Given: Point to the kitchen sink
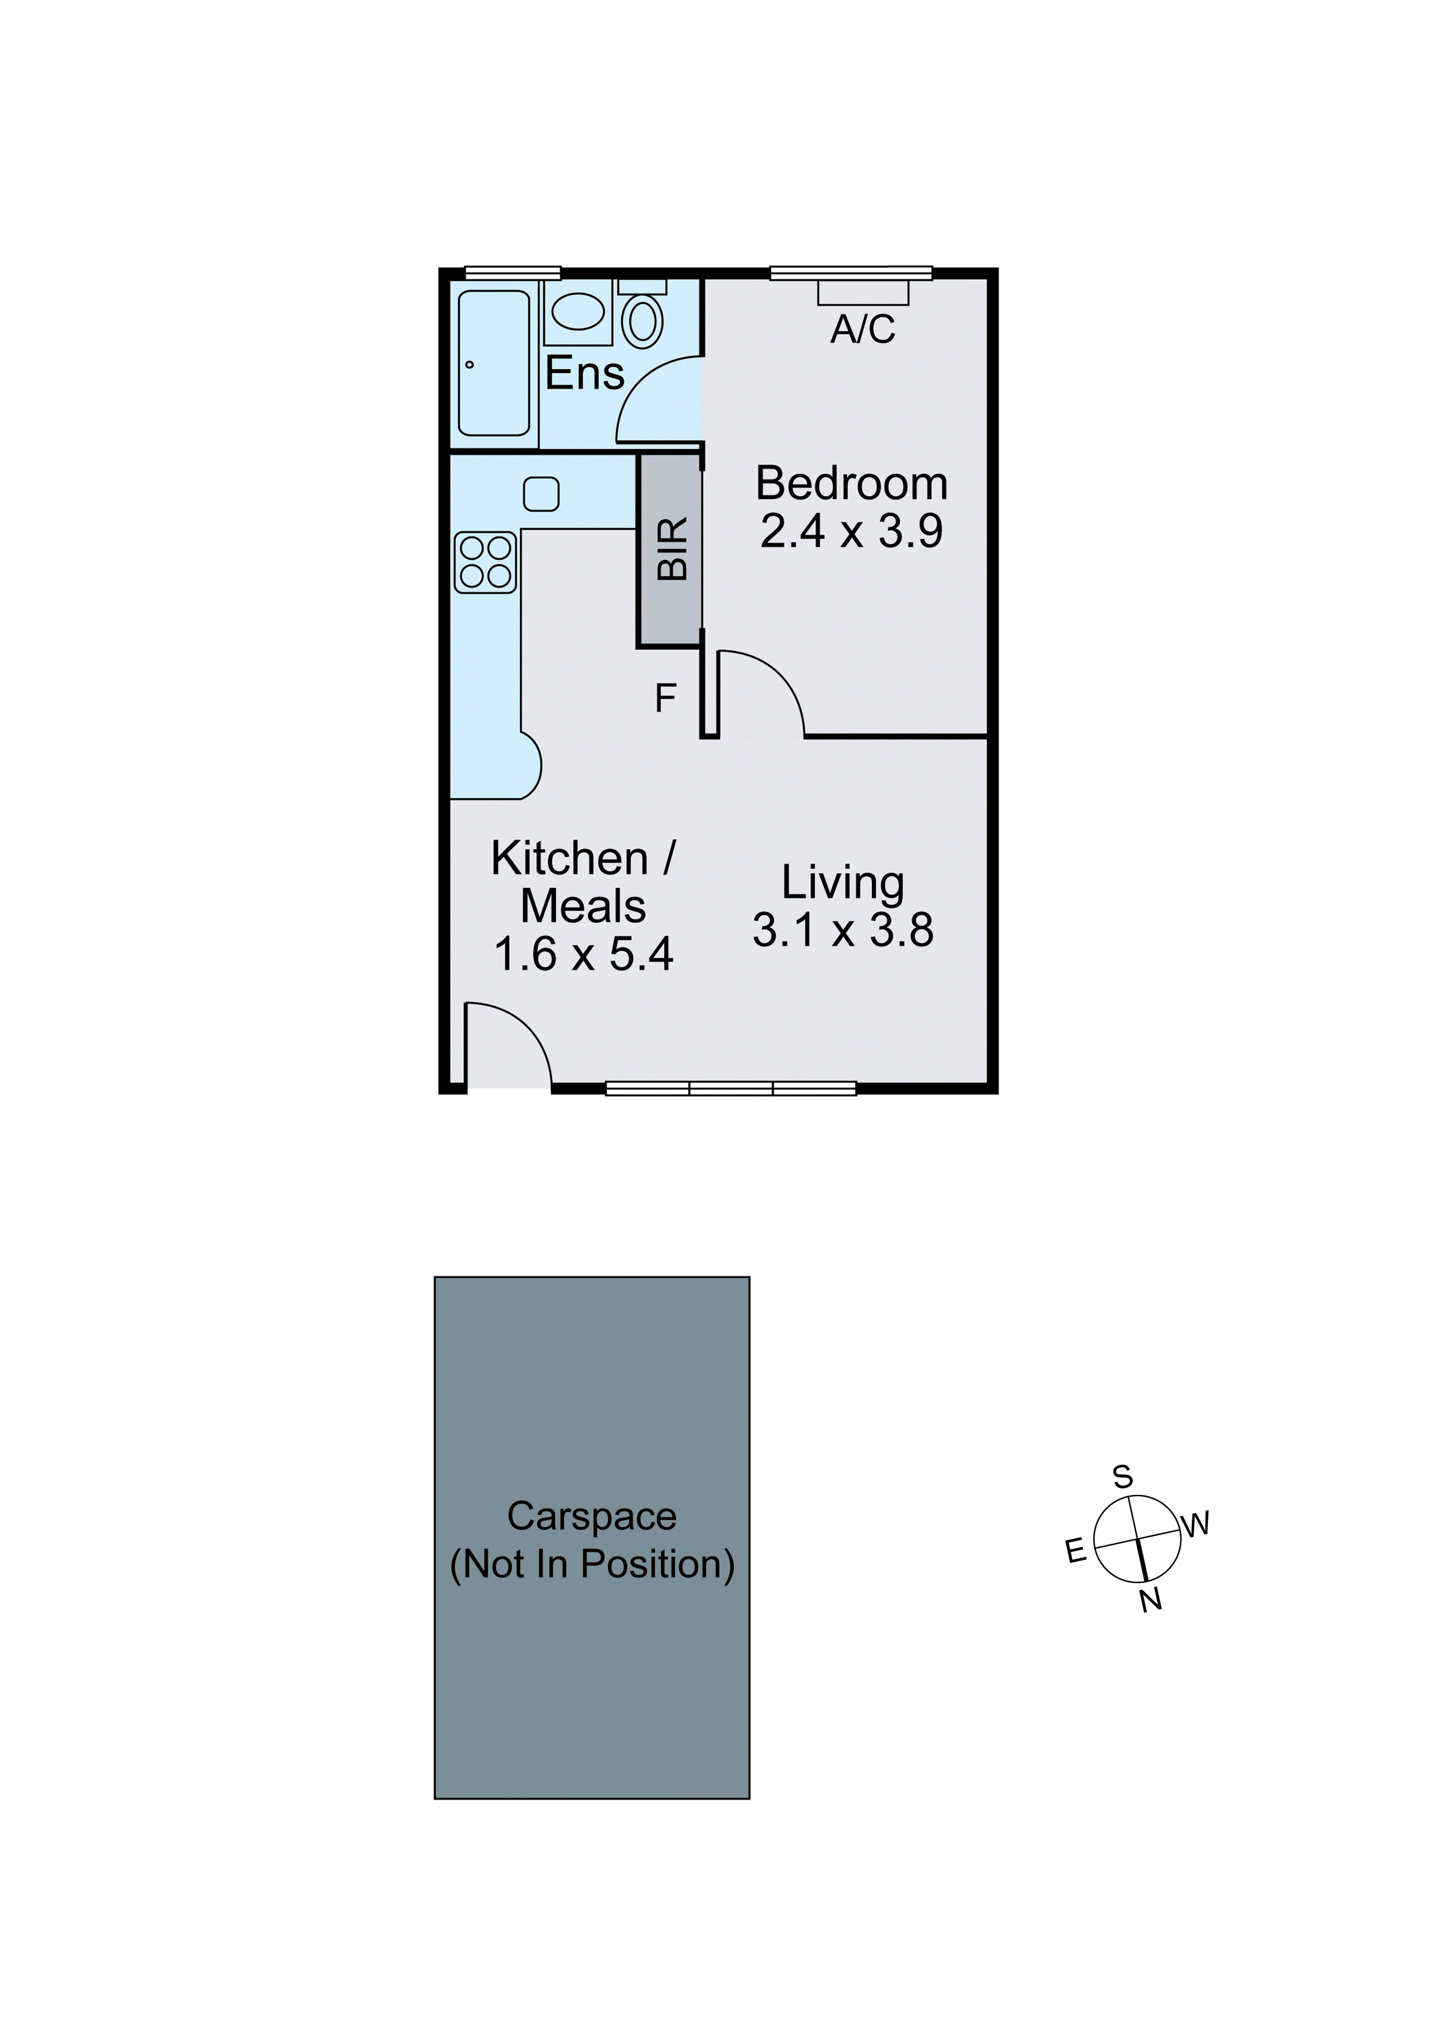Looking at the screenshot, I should pos(541,494).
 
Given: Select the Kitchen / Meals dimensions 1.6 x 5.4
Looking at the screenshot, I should pos(583,954).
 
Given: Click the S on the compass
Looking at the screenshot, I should pos(1122,1477).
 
